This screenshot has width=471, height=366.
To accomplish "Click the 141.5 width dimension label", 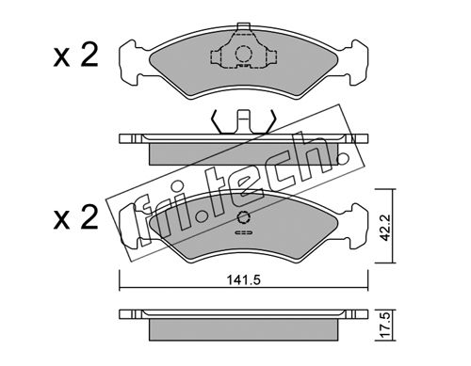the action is pyautogui.click(x=244, y=280).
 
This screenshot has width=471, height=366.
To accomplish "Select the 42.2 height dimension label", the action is pyautogui.click(x=384, y=228).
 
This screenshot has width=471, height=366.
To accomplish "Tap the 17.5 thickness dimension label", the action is pyautogui.click(x=384, y=326).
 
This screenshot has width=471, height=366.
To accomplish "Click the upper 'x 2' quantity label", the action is pyautogui.click(x=76, y=56).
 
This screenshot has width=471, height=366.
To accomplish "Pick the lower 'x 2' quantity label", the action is pyautogui.click(x=76, y=217).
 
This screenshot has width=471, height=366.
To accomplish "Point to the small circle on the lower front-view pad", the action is pyautogui.click(x=243, y=217).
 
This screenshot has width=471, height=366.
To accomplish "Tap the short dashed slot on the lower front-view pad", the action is pyautogui.click(x=243, y=232).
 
